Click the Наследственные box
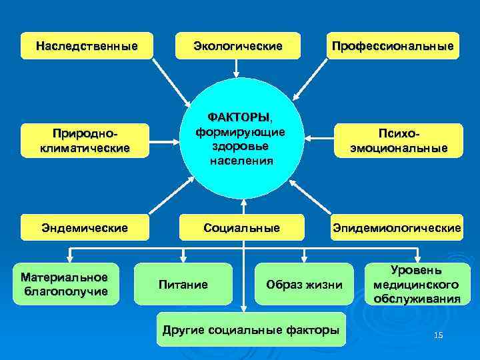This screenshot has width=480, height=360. click(x=87, y=46)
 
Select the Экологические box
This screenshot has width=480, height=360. click(x=237, y=46)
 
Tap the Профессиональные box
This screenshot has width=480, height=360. click(x=392, y=46)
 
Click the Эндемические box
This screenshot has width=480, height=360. click(x=84, y=228)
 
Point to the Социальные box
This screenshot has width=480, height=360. click(x=241, y=228)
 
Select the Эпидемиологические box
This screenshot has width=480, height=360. click(x=396, y=228)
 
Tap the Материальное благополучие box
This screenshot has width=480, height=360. click(x=65, y=283)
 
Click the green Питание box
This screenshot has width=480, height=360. click(x=183, y=285)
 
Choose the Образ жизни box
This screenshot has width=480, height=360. click(x=303, y=285)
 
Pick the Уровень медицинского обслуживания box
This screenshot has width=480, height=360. click(x=416, y=285)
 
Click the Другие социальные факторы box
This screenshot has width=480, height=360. click(x=251, y=329)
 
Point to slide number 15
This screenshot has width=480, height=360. click(x=437, y=335)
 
